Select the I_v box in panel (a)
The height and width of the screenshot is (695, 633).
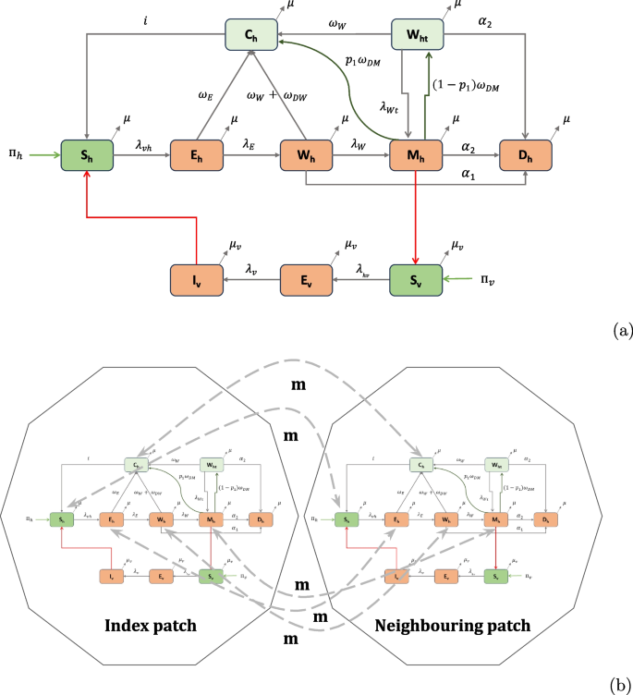195,278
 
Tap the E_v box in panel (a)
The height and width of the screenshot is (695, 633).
305,278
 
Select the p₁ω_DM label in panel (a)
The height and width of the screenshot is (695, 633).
375,61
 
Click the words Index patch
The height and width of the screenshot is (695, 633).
152,625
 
